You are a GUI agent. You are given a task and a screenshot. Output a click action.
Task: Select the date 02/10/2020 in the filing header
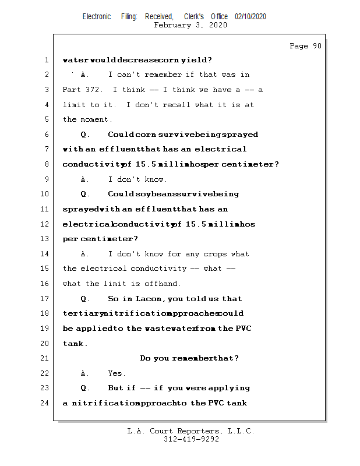[250, 17]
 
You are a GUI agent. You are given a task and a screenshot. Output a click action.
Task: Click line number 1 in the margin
[46, 60]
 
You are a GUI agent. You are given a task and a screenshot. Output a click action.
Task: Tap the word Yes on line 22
[117, 373]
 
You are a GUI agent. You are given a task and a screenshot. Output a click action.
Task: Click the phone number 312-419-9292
[191, 440]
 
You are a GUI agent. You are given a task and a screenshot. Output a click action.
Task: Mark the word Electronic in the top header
[97, 17]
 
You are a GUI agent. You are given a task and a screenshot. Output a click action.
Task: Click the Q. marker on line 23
[85, 388]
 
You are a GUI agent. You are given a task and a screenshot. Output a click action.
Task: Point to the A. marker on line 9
[85, 179]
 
